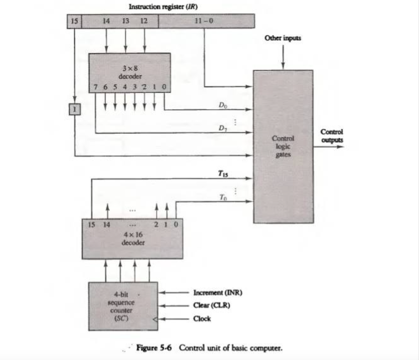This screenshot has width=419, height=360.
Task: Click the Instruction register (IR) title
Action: (x=167, y=7)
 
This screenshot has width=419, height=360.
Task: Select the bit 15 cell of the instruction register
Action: (x=73, y=21)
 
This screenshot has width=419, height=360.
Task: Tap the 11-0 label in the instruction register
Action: (x=204, y=21)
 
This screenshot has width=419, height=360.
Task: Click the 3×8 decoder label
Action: (x=130, y=73)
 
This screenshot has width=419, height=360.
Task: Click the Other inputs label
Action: (x=282, y=37)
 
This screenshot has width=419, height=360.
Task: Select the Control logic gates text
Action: (x=283, y=147)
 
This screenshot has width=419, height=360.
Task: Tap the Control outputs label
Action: (x=332, y=135)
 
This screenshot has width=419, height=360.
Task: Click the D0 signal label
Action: (x=223, y=105)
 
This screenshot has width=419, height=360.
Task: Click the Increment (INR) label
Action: (x=217, y=293)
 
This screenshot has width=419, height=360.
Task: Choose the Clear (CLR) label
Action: (x=212, y=305)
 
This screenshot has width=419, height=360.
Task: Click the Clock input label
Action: (x=202, y=319)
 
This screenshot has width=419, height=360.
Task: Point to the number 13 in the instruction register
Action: (x=125, y=21)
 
